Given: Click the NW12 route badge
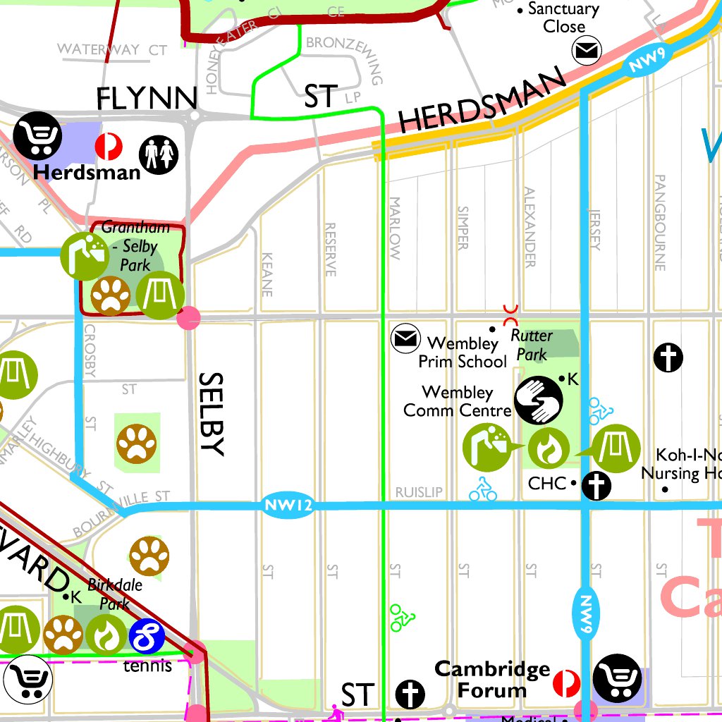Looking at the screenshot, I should tap(287, 506).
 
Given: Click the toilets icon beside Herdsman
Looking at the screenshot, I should tap(159, 154).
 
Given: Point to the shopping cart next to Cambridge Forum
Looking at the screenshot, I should tap(617, 678).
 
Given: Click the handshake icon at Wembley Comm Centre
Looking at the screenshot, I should tap(539, 399).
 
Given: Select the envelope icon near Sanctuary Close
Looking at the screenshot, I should tap(586, 51).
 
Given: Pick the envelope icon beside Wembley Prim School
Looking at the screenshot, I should tap(405, 339).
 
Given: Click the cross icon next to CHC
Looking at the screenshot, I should tap(596, 485).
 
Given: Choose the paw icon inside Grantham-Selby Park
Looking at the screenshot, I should tap(111, 295).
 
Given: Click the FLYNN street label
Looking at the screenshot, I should tap(147, 98).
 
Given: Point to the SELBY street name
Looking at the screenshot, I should tap(212, 414).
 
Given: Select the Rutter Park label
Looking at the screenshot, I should tap(531, 344).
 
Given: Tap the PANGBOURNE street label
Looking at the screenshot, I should tap(660, 223).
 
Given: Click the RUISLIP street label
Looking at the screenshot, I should tap(418, 492).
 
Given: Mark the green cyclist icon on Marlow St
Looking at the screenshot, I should tap(402, 617).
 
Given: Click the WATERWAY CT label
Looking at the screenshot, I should tap(112, 49).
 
